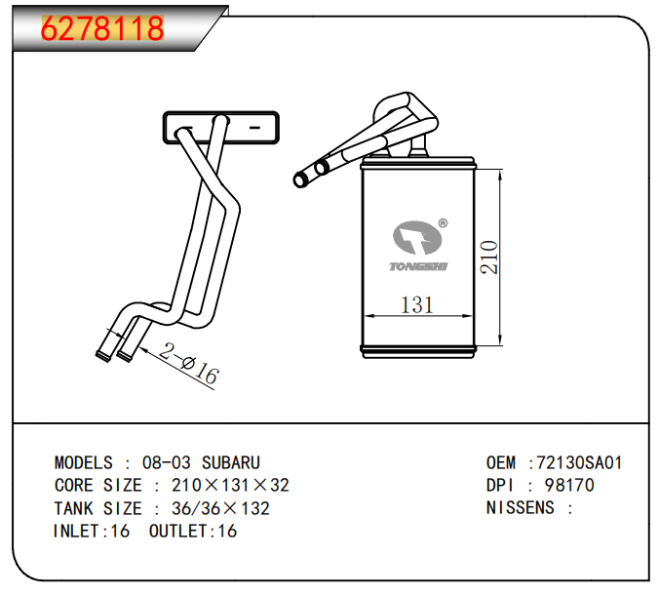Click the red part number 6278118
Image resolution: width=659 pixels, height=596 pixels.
pos(102,28)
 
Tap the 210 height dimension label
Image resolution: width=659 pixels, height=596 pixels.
pos(489,258)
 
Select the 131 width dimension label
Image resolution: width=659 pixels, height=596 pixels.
pos(416,304)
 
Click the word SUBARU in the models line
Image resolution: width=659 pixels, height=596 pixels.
pos(231,462)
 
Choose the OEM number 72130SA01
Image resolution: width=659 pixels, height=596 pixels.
pos(579,462)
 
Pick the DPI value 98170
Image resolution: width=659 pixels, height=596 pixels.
pos(569,486)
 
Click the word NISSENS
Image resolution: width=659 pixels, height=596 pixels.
pos(521,507)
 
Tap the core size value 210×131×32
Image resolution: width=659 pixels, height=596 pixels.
pos(230,486)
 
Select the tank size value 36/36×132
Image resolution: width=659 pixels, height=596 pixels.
pos(220,508)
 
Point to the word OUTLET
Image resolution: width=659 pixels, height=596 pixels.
pos(178,532)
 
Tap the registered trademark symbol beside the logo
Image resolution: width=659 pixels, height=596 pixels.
pos(443,223)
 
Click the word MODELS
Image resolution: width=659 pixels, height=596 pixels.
pos(84,462)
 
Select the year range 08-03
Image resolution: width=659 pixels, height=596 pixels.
pos(167,462)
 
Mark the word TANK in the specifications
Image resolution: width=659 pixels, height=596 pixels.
pos(73,508)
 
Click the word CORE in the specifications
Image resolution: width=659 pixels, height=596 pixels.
pos(73,486)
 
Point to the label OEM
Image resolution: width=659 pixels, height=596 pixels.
pos(501,462)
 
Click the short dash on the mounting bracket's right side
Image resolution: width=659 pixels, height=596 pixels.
pos(255,128)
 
